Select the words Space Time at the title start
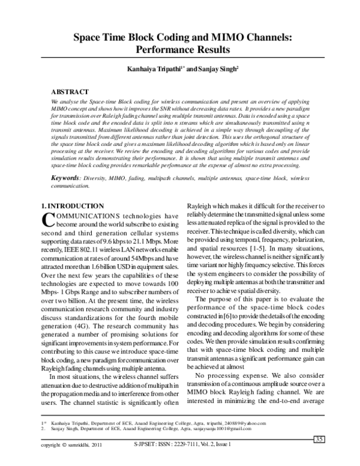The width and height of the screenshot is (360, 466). coord(99,37)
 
